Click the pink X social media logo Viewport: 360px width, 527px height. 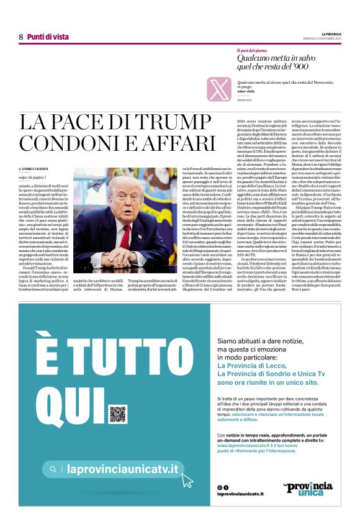(x=219, y=89)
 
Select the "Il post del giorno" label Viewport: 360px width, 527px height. (x=250, y=50)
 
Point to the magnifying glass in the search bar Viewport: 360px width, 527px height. (x=55, y=469)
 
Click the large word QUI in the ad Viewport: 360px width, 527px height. (x=68, y=403)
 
